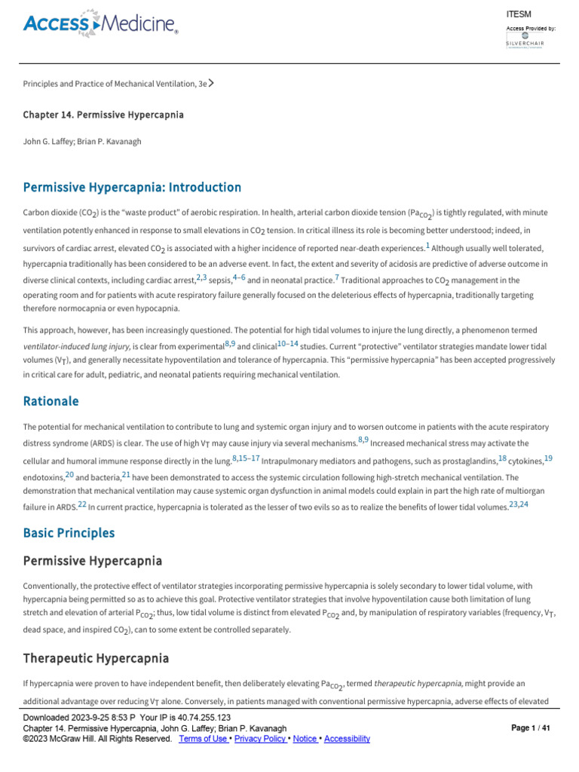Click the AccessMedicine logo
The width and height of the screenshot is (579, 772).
point(101,25)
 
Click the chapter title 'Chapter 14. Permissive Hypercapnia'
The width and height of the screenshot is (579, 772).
point(103,115)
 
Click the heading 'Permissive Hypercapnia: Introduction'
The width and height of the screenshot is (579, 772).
point(132,187)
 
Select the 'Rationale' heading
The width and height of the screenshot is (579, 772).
point(51,401)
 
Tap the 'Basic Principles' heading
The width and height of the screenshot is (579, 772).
point(69,533)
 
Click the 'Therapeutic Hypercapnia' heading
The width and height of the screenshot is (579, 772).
point(96,658)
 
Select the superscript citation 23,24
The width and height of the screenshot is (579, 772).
point(519,504)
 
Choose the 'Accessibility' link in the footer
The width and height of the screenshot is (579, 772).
point(347,739)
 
